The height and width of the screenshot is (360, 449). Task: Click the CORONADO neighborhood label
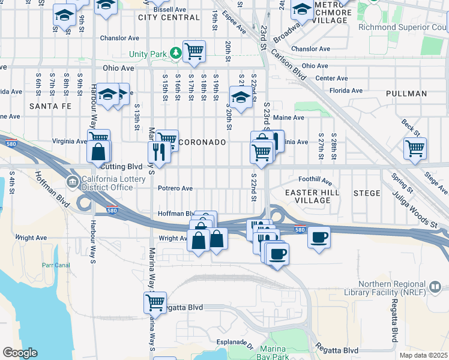202,143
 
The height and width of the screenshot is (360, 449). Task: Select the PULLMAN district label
406,94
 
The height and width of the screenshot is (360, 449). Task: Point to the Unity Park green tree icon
175,53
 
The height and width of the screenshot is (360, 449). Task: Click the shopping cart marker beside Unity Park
194,52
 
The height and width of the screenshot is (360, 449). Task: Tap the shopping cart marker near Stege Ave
415,148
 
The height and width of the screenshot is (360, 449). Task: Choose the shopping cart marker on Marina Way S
155,302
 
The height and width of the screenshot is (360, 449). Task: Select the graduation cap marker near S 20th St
241,97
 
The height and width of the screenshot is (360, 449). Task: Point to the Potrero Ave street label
175,188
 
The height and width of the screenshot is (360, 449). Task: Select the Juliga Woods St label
414,207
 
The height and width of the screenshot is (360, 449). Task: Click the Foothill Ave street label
315,179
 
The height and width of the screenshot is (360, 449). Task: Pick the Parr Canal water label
57,265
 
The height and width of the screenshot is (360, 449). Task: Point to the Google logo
20,353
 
